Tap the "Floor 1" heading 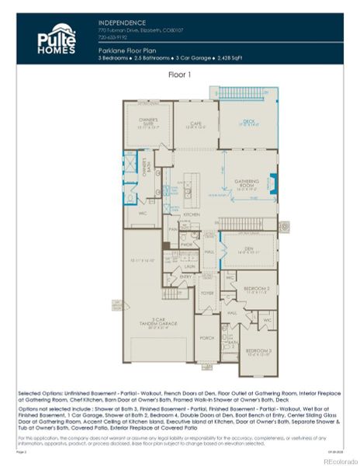(179, 75)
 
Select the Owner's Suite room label (148, 121)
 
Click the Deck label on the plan (247, 120)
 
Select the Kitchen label (192, 214)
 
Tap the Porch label (207, 337)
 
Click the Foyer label (207, 294)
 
